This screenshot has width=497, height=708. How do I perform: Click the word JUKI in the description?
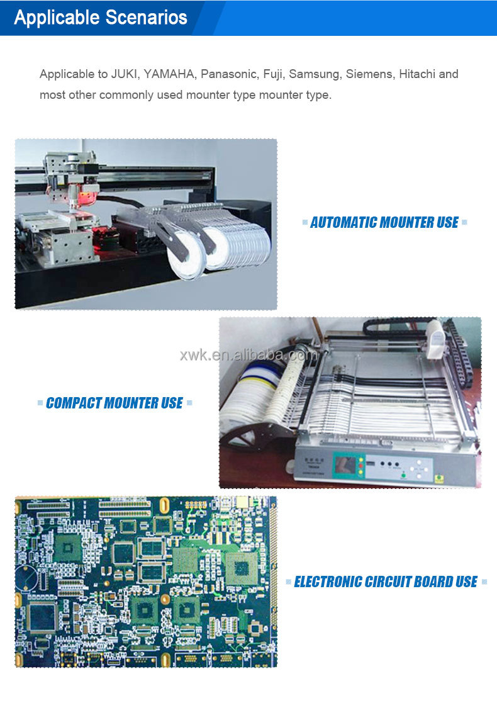[x=125, y=74]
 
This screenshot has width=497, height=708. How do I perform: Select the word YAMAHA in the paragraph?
[x=169, y=74]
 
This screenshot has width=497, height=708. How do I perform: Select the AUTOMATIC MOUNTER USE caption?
[x=384, y=222]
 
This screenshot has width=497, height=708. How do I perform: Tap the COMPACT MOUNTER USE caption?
[x=114, y=403]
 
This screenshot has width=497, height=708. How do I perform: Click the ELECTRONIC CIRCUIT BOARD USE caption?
[x=386, y=582]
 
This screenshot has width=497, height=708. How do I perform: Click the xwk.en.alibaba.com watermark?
[x=249, y=356]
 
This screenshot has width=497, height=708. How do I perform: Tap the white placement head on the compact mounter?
[x=434, y=334]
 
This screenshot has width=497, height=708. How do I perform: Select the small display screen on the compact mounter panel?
[x=344, y=466]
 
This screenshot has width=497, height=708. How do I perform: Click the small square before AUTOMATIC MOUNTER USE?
[x=305, y=222]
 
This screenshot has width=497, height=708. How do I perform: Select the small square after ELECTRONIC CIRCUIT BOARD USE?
[x=484, y=582]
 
